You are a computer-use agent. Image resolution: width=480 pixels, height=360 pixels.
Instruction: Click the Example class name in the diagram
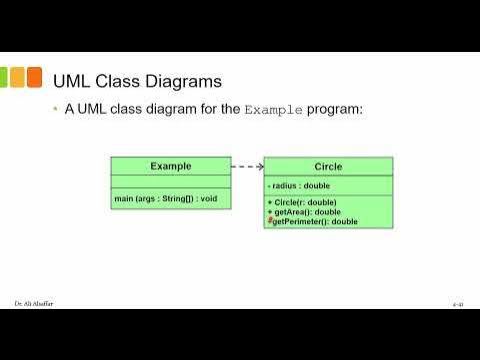171,166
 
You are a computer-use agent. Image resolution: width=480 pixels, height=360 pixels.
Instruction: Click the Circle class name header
328,167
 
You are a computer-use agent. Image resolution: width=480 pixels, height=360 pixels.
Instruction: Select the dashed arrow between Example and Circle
247,166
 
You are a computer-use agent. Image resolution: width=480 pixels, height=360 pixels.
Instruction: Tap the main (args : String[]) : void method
166,199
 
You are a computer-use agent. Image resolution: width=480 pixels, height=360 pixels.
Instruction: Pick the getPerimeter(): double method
316,221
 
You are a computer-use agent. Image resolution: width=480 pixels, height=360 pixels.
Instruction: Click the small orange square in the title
34,77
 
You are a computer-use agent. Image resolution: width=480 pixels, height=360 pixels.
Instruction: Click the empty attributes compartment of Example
171,181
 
